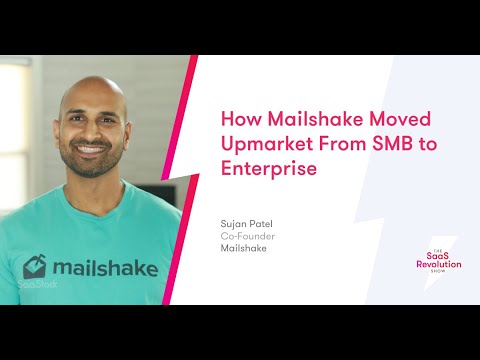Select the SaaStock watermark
(37, 284)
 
